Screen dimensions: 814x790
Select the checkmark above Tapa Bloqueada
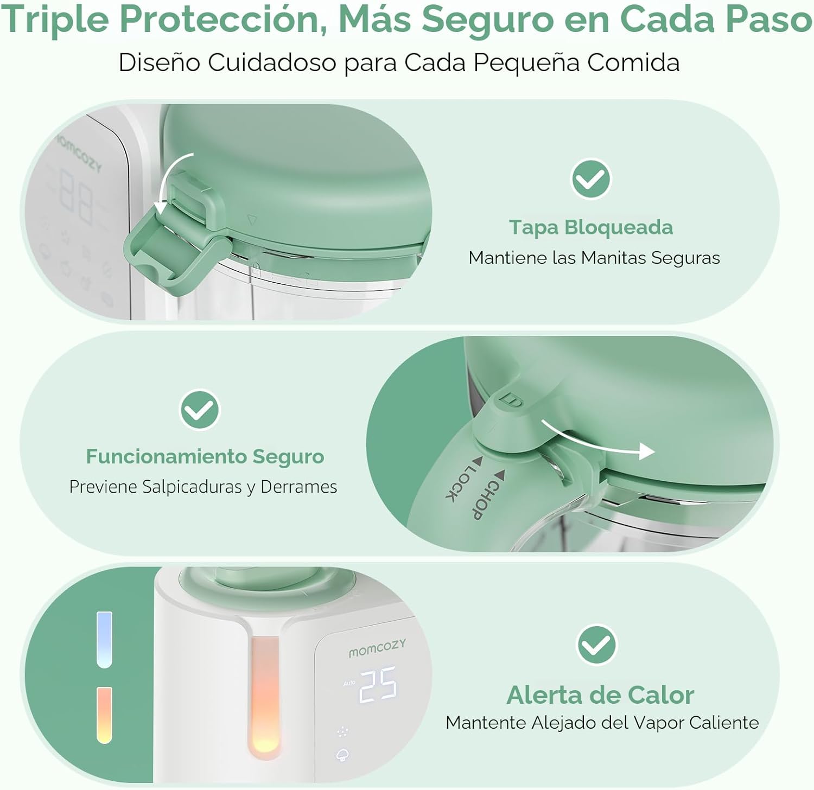(591, 179)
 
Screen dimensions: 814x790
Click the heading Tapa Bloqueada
(590, 227)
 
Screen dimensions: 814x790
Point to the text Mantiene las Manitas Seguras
(594, 258)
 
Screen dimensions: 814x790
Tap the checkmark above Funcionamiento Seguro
(200, 410)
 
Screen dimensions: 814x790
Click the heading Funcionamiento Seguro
(205, 457)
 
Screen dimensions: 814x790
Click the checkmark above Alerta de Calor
(596, 645)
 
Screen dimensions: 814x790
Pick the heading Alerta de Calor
(600, 695)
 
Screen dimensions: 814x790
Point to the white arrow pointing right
(598, 441)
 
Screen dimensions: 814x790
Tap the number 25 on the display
(378, 685)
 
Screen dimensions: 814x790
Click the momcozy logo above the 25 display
(377, 648)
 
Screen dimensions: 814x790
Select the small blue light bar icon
(104, 640)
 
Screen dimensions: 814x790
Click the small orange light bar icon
(104, 715)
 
